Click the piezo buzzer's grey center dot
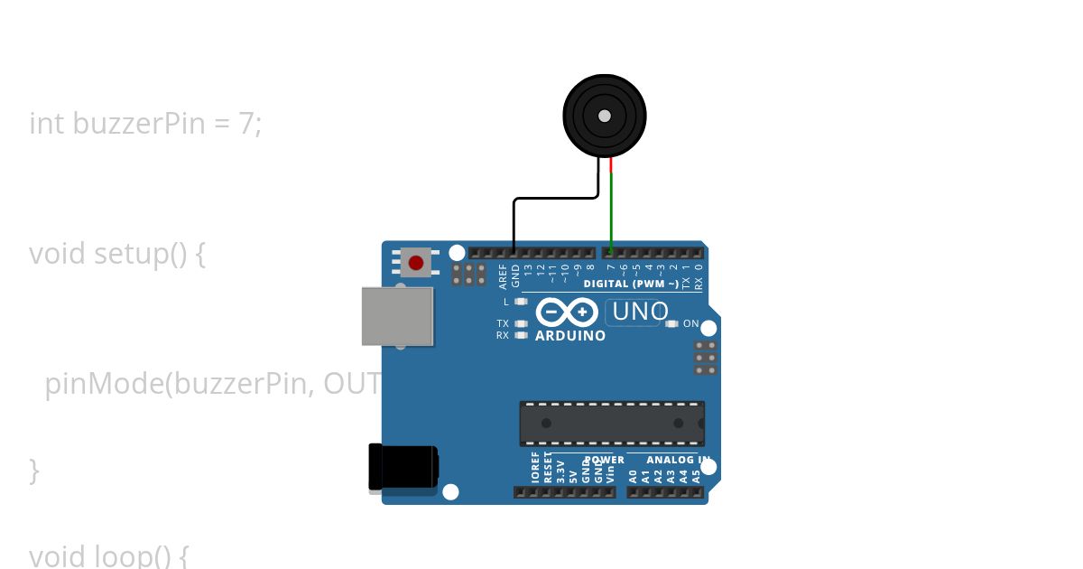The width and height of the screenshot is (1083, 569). [604, 116]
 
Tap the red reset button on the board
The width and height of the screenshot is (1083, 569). [415, 263]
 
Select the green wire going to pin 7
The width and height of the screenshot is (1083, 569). [611, 212]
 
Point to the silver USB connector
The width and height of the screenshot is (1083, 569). [397, 316]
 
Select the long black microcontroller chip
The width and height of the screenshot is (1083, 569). [612, 424]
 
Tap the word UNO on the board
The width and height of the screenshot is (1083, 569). [640, 312]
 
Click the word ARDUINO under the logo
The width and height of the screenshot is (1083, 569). [570, 336]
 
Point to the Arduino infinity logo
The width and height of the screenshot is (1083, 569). [566, 312]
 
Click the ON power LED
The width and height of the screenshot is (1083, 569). [671, 323]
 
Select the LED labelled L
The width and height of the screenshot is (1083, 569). [521, 302]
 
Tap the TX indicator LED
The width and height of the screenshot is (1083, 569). [521, 323]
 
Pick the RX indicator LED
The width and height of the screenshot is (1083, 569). [521, 335]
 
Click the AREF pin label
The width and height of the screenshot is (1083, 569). [503, 275]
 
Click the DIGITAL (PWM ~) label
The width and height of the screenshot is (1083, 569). [631, 284]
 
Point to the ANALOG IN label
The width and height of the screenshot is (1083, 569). [676, 460]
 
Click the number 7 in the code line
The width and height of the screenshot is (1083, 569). [246, 123]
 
